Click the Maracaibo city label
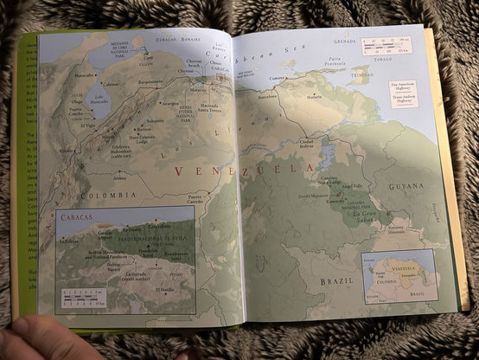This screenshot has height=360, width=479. (x=85, y=74)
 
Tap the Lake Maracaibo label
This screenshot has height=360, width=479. (x=99, y=100)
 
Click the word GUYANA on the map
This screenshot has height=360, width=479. (x=406, y=186)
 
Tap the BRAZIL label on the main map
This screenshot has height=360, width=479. (x=337, y=280)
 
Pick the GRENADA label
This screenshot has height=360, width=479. (x=345, y=41)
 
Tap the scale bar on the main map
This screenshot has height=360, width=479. (x=386, y=46)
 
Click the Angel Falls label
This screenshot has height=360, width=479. (x=352, y=185)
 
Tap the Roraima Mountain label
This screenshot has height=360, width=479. (x=395, y=230)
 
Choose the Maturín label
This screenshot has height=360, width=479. (x=315, y=97)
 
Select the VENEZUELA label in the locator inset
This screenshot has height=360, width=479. (x=405, y=268)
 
